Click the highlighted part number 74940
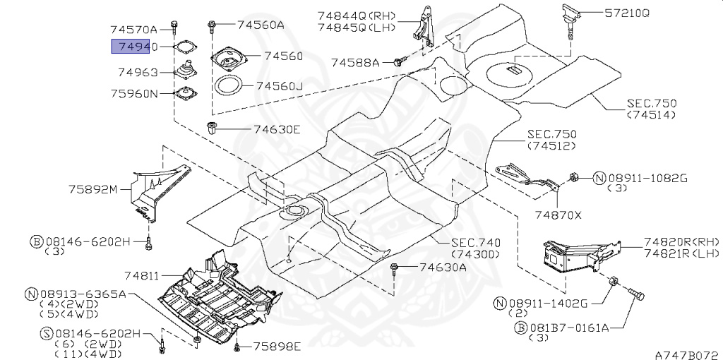(131, 47)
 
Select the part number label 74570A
(134, 30)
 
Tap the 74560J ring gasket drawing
(229, 86)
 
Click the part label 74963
(138, 73)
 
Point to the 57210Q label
(627, 13)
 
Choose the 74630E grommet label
(277, 129)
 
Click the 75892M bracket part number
(94, 189)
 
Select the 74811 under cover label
(141, 275)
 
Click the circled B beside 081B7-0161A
(520, 328)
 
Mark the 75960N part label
(134, 94)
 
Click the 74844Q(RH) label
(357, 16)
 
